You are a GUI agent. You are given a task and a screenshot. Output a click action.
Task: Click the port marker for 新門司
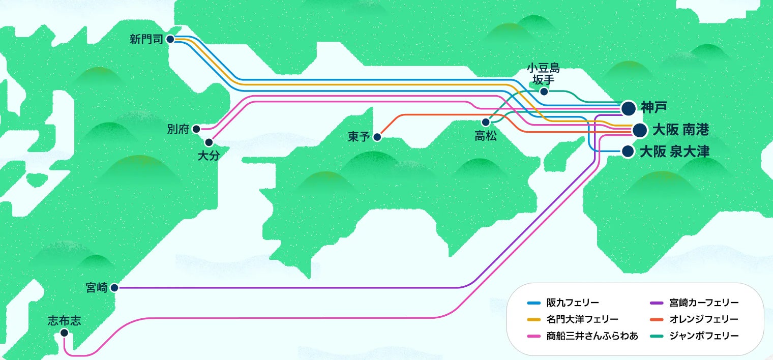(x=170, y=39)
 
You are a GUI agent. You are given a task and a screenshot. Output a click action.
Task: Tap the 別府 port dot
(x=196, y=129)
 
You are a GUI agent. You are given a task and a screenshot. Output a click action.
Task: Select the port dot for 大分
(x=209, y=142)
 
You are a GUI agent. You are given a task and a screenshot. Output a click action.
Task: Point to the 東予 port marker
(x=377, y=137)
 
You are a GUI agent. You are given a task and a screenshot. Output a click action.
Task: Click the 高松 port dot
(x=486, y=122)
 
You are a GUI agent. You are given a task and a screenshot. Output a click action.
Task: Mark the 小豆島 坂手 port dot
(x=544, y=92)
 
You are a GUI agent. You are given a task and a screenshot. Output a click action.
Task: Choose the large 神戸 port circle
(x=629, y=108)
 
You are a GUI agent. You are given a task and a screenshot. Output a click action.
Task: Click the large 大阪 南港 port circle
(x=639, y=130)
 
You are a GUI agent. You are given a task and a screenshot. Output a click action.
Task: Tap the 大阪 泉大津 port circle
(x=628, y=152)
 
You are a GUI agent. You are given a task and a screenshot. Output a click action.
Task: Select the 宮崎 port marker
(x=114, y=288)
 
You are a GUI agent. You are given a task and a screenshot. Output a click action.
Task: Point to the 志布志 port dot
(x=64, y=333)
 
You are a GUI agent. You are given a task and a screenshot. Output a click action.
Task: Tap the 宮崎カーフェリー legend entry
(x=697, y=303)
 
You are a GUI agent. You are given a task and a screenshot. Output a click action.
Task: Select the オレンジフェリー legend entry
(x=697, y=319)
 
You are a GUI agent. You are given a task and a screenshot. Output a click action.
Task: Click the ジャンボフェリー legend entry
(x=697, y=336)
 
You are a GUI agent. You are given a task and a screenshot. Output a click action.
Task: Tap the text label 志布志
(x=64, y=321)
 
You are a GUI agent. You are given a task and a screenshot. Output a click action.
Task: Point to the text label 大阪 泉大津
(x=674, y=152)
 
